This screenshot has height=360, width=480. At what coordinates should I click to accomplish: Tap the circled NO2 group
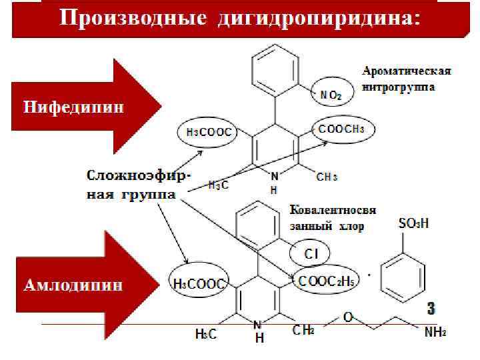pyautogui.click(x=331, y=96)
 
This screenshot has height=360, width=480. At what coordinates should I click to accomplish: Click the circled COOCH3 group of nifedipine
pyautogui.click(x=341, y=129)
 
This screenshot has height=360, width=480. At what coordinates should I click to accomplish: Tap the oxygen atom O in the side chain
pyautogui.click(x=347, y=317)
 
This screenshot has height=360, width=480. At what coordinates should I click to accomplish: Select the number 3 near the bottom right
pyautogui.click(x=431, y=309)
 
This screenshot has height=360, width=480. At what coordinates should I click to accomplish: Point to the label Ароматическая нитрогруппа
pyautogui.click(x=407, y=79)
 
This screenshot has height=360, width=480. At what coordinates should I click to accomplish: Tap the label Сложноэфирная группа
pyautogui.click(x=137, y=185)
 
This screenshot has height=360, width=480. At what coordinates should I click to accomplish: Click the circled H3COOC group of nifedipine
pyautogui.click(x=208, y=132)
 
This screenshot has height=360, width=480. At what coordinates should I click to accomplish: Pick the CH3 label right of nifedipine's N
pyautogui.click(x=327, y=177)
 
